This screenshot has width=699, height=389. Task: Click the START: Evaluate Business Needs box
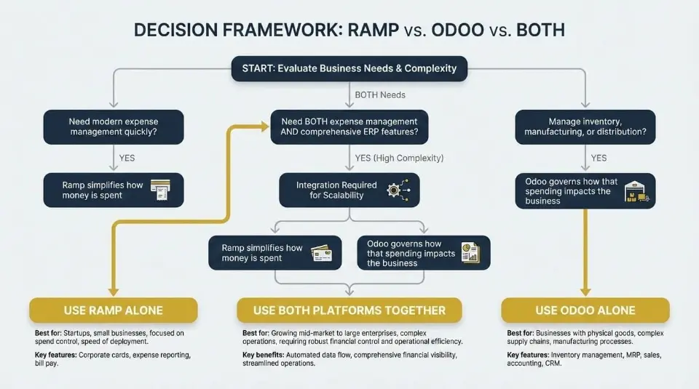point(344,68)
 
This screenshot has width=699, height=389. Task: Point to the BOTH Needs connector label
point(380,95)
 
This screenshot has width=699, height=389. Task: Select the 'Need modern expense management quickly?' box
point(113,127)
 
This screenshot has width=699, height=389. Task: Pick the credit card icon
point(321,253)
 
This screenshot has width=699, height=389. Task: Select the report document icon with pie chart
point(470,253)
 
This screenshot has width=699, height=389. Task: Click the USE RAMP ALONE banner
point(113,310)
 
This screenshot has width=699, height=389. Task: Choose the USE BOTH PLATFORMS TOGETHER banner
point(349,310)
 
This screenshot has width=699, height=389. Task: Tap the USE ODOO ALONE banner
point(585,310)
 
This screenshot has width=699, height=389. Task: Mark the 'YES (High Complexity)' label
point(399,158)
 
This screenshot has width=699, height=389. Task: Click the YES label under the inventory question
point(599,158)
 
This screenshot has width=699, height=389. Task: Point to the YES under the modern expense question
point(127,158)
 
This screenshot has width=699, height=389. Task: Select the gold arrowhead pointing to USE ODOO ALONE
point(585,290)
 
